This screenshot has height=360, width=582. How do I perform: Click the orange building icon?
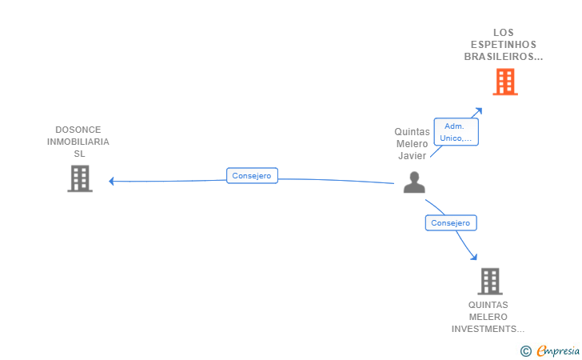(x=504, y=82)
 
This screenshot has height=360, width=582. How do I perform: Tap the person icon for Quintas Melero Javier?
(x=414, y=182)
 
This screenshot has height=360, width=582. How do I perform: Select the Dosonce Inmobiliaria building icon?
(x=80, y=178)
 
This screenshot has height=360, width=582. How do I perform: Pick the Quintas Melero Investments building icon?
(x=489, y=282)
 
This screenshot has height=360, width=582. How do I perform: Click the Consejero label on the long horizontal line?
(x=252, y=176)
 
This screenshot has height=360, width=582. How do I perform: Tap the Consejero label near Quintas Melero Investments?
(x=451, y=223)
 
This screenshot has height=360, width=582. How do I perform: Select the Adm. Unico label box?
(x=455, y=132)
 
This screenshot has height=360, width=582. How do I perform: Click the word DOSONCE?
(x=78, y=130)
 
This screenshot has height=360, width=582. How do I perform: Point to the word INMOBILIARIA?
(x=78, y=142)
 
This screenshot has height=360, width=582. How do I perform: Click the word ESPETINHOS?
(x=504, y=45)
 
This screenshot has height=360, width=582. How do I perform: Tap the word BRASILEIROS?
(x=503, y=57)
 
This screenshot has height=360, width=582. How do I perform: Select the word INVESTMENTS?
(x=488, y=329)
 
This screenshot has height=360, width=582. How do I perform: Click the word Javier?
(x=412, y=156)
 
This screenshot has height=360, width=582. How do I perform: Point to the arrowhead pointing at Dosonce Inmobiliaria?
(x=112, y=181)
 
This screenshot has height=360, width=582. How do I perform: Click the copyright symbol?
(x=525, y=350)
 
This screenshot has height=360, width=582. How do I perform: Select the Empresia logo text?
(x=558, y=350)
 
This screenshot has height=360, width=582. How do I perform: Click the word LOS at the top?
(x=504, y=33)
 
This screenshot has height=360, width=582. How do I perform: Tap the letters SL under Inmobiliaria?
(x=78, y=154)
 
